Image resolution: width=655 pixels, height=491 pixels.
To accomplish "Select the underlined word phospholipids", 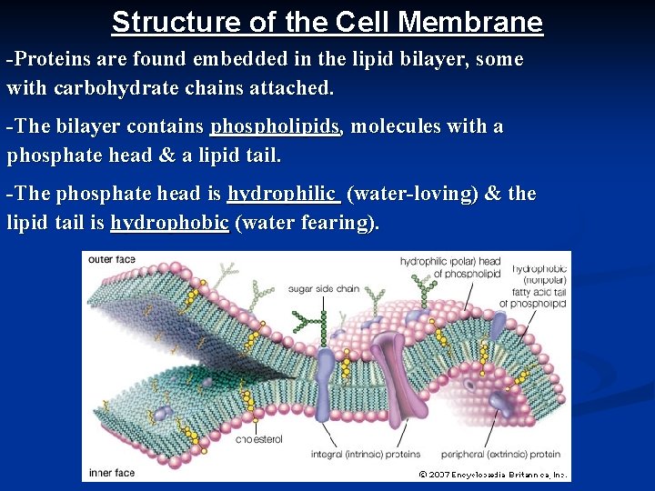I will [276, 126].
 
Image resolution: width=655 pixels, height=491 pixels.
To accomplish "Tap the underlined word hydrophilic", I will [282, 194].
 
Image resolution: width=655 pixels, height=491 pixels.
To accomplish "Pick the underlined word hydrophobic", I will [169, 223].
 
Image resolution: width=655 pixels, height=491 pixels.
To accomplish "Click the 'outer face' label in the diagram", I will [112, 259].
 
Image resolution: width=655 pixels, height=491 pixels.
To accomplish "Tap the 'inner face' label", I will [112, 473].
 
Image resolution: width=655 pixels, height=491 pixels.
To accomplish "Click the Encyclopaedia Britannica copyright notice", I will [493, 475].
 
